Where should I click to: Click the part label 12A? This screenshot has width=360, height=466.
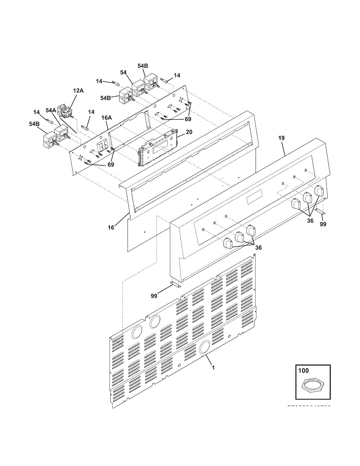(x=78, y=90)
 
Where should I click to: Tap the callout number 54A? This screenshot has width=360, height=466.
(x=51, y=111)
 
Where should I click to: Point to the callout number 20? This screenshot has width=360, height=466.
(x=189, y=132)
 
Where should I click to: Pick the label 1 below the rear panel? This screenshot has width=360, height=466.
(x=213, y=367)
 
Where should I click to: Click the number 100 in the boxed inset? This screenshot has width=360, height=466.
(x=303, y=371)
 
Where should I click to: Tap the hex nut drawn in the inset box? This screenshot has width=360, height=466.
(x=313, y=386)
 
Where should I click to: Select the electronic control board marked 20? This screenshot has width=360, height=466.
(x=157, y=148)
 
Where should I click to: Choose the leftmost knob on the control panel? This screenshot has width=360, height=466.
(x=228, y=243)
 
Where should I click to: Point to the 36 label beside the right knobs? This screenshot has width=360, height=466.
(x=310, y=221)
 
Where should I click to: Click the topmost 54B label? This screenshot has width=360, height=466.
(x=143, y=66)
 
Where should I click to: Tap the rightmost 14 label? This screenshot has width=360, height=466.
(x=177, y=75)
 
